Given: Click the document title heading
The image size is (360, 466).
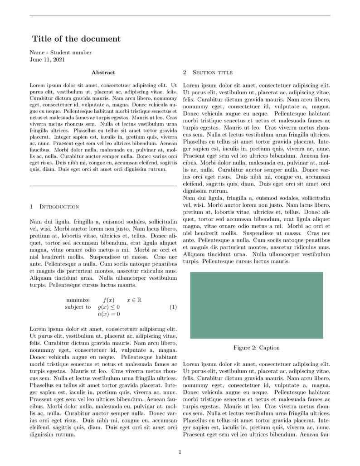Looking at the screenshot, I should coord(76,39).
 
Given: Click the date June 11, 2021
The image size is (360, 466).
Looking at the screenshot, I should coord(47,59).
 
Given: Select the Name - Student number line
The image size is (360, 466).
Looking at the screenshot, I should coord(60,53).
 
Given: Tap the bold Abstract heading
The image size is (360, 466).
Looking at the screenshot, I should coord(103,73).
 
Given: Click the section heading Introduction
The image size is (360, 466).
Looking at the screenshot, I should coord(59,207).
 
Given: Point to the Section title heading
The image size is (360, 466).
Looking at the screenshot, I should coord(212,73).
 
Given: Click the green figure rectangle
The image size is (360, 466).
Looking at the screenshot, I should coord(256,305).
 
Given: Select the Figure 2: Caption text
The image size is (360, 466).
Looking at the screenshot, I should coord(256,348).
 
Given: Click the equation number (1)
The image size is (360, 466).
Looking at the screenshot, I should coord(173,307).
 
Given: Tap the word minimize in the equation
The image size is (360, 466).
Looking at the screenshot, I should coord(78,300).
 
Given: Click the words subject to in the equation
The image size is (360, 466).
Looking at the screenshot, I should coord(78,307).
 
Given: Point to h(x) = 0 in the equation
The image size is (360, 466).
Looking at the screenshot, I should coord(109,314).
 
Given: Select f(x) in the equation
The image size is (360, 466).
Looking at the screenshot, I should coord(109,300).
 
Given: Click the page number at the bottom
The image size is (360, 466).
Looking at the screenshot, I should coord(180,452).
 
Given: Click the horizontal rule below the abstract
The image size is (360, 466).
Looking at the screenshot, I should coord(103,186).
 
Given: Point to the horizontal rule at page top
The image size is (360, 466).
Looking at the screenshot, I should coord(180,15).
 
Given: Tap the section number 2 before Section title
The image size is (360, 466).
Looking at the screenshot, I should coord(185,73).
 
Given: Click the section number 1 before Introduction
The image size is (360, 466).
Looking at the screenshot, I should coord(31,207).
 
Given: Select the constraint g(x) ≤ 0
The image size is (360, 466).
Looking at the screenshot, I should coord(109,307).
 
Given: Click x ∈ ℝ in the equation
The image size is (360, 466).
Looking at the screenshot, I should coord(134,300).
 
